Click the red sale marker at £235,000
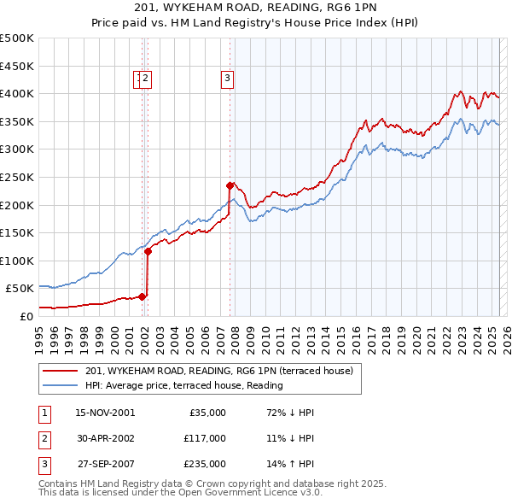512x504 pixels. [x=230, y=185]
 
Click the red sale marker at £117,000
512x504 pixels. [x=148, y=251]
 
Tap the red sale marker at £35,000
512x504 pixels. [x=142, y=296]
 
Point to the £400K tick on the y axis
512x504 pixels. [x=17, y=93]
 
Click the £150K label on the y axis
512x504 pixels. [x=17, y=232]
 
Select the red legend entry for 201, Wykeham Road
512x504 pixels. [x=224, y=371]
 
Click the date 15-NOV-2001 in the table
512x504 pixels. [x=105, y=413]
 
